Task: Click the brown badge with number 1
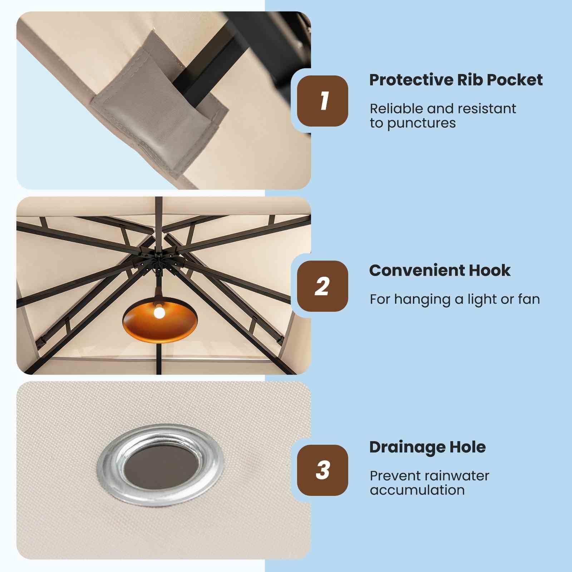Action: click(x=322, y=101)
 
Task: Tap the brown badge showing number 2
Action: click(x=322, y=286)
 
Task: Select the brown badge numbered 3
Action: click(x=322, y=470)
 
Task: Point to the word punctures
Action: click(x=421, y=123)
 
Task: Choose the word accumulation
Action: click(x=417, y=490)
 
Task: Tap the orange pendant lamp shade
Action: click(x=160, y=323)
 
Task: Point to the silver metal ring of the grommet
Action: click(x=104, y=465)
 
